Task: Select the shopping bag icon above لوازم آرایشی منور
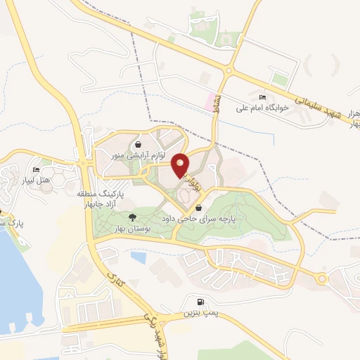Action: pyautogui.click(x=139, y=142)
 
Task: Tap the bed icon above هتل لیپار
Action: pyautogui.click(x=36, y=169)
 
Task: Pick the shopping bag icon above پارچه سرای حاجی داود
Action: pyautogui.click(x=200, y=208)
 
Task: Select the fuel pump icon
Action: pyautogui.click(x=202, y=302)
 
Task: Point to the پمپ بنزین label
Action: pyautogui.click(x=196, y=313)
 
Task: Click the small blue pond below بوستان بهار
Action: pyautogui.click(x=139, y=258)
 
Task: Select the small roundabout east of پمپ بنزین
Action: pyautogui.click(x=322, y=279)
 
